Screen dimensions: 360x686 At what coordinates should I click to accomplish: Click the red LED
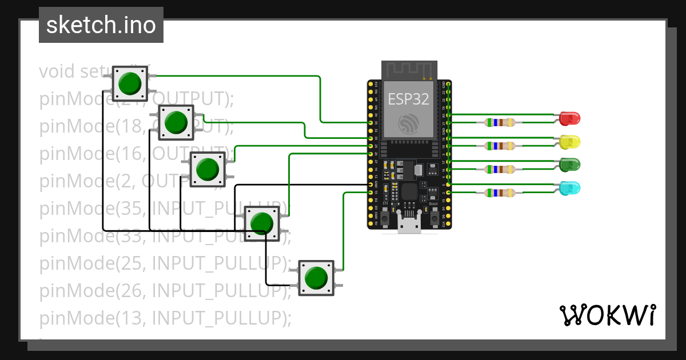pyautogui.click(x=570, y=118)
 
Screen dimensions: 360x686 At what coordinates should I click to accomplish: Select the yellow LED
pyautogui.click(x=570, y=141)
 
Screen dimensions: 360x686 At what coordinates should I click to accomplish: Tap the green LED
pyautogui.click(x=570, y=165)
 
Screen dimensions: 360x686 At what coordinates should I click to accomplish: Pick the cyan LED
pyautogui.click(x=570, y=188)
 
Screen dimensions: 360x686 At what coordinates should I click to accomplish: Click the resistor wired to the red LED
pyautogui.click(x=500, y=122)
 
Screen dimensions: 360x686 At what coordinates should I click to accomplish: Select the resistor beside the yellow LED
pyautogui.click(x=500, y=146)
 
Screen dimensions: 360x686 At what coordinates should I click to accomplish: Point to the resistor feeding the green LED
pyautogui.click(x=500, y=169)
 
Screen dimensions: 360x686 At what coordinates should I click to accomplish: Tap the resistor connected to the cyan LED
pyautogui.click(x=500, y=193)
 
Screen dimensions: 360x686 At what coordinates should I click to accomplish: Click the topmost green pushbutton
pyautogui.click(x=130, y=83)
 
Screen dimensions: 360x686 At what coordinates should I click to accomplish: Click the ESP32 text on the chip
pyautogui.click(x=408, y=99)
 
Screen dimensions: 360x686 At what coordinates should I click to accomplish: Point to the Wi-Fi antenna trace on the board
pyautogui.click(x=408, y=70)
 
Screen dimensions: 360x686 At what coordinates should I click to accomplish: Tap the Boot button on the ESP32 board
pyautogui.click(x=433, y=218)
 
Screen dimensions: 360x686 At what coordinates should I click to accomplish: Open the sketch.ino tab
pyautogui.click(x=101, y=25)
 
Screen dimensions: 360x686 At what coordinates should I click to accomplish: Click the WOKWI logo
pyautogui.click(x=607, y=315)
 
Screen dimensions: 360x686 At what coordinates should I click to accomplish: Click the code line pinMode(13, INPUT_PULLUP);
pyautogui.click(x=166, y=317)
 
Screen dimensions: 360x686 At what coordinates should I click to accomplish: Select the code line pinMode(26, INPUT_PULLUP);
pyautogui.click(x=166, y=290)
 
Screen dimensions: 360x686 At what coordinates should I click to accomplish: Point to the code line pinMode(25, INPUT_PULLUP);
pyautogui.click(x=166, y=263)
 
